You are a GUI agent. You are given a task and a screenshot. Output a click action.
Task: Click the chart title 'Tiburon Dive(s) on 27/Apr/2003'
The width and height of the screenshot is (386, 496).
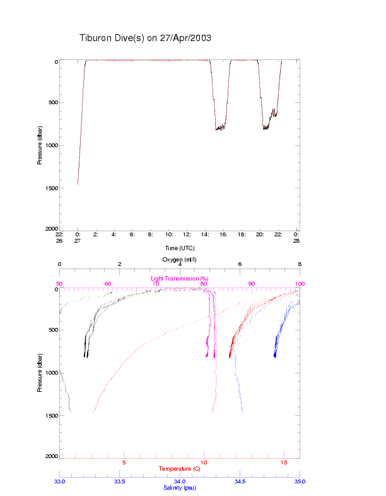(145, 38)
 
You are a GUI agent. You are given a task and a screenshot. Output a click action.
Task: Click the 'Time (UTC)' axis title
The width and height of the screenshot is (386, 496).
(180, 248)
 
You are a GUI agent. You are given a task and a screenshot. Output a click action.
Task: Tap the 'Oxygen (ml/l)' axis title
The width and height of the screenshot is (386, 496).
(180, 260)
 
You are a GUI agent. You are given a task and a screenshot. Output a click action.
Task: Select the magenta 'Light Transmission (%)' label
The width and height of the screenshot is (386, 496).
(180, 279)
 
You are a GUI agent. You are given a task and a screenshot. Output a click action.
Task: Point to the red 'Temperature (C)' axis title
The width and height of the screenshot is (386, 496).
(180, 469)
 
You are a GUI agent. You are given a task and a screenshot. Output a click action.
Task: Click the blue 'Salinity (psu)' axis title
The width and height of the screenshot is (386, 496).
(180, 488)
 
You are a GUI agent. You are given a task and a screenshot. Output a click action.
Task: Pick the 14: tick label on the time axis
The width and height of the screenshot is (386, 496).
(206, 234)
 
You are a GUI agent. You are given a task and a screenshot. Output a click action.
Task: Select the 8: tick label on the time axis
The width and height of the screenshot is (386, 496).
(151, 234)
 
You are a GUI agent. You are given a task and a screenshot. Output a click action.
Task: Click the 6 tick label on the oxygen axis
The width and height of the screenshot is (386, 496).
(240, 264)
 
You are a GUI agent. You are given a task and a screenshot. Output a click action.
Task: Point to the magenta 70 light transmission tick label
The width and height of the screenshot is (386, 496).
(156, 284)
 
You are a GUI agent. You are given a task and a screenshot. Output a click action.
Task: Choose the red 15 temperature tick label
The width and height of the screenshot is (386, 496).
(284, 463)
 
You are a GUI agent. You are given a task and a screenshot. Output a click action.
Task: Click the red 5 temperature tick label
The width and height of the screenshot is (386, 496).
(124, 463)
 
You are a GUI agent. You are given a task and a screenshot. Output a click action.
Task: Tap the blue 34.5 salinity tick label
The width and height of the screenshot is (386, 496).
(240, 481)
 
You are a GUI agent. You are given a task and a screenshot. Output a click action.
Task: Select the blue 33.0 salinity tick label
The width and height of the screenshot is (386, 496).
(60, 481)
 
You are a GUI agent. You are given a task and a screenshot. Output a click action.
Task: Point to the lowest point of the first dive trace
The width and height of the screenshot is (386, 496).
(78, 184)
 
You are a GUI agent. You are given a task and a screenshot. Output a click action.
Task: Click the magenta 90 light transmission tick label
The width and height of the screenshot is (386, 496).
(252, 284)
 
